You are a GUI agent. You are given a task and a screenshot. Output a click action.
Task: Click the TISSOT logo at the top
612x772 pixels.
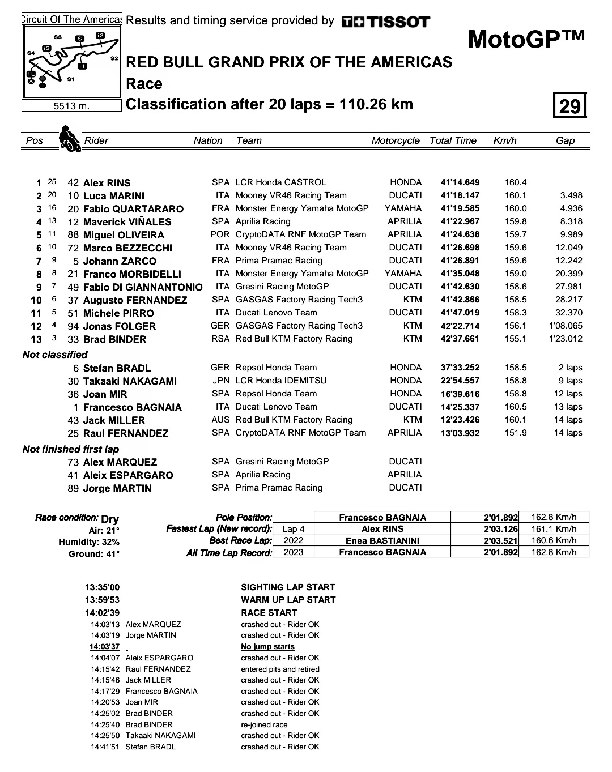click(x=385, y=22)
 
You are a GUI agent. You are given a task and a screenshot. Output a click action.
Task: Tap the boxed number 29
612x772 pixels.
click(x=569, y=105)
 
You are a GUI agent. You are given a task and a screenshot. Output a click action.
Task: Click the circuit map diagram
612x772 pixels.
click(x=71, y=62)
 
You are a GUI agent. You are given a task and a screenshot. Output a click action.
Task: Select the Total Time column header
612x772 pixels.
click(x=453, y=140)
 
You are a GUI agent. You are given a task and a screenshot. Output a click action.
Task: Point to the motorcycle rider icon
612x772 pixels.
click(x=69, y=139)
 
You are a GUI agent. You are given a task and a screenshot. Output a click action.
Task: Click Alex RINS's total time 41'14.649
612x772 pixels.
click(x=460, y=182)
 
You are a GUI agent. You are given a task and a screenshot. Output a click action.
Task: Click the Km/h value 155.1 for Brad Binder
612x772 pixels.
click(x=516, y=339)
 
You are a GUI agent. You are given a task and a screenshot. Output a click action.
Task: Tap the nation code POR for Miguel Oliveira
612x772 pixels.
click(x=220, y=234)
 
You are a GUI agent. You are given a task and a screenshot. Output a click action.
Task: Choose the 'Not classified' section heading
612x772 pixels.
click(x=55, y=355)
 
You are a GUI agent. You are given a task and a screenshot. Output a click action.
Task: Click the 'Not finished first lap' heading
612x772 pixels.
click(x=71, y=449)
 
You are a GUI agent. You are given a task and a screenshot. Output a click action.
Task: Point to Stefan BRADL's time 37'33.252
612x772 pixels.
click(x=460, y=368)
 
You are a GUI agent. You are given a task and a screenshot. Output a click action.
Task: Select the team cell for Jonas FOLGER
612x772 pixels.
click(x=299, y=326)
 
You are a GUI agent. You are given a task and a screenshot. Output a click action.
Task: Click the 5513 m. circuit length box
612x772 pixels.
click(x=71, y=106)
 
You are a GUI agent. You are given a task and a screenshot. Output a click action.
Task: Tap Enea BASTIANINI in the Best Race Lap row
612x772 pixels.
click(x=382, y=540)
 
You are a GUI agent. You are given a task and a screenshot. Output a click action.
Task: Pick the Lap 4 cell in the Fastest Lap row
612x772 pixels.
click(x=294, y=529)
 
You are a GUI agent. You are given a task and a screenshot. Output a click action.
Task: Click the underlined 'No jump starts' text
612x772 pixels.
click(x=267, y=646)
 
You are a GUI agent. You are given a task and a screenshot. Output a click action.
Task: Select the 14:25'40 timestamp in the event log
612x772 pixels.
click(x=105, y=724)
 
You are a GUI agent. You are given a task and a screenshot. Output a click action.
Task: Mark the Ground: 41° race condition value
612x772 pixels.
click(x=94, y=554)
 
